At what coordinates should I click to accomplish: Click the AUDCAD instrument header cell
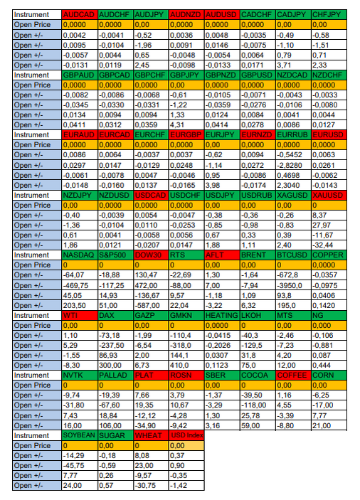pos(80,15)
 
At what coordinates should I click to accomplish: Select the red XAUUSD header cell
pos(329,195)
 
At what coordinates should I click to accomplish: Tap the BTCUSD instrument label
pos(293,255)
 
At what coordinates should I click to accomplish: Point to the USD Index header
pos(186,435)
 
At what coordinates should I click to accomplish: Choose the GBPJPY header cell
pos(186,75)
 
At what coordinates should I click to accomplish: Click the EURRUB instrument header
pos(293,135)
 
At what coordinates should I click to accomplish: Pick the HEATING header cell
pos(222,315)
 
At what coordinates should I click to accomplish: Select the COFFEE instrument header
pos(293,376)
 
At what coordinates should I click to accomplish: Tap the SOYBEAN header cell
pos(80,435)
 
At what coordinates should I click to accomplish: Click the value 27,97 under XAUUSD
pos(329,225)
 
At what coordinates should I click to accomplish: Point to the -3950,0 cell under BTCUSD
pos(293,285)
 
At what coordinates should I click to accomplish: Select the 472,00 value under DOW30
pos(151,285)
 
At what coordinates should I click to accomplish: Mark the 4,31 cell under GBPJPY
pos(186,125)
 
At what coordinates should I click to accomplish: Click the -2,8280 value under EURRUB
pos(293,165)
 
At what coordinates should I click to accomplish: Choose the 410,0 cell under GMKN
pos(186,366)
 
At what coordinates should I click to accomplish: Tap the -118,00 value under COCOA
pos(258,405)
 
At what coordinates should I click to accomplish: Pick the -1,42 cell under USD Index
pos(186,486)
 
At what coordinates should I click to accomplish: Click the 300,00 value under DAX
pos(115,366)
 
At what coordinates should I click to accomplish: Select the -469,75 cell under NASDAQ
pos(80,285)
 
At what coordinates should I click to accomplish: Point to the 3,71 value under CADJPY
pos(293,65)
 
